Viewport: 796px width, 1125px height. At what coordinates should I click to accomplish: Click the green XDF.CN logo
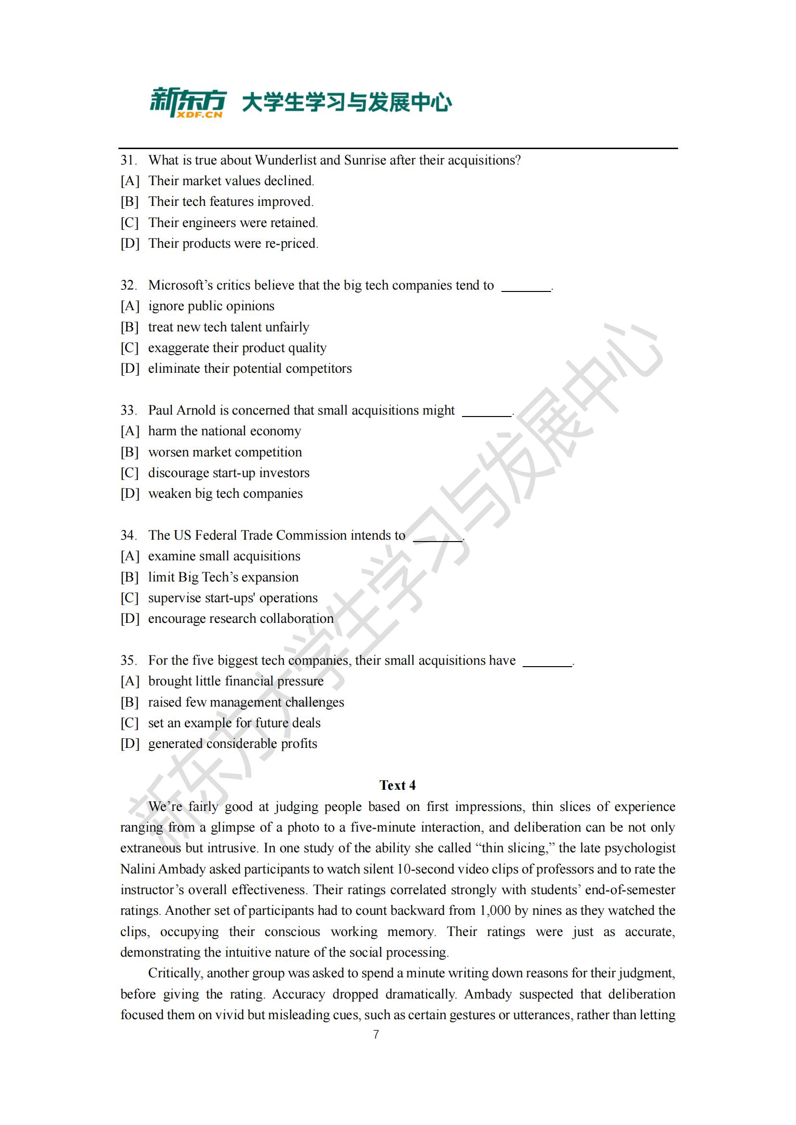click(x=188, y=102)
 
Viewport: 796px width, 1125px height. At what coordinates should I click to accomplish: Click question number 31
click(x=128, y=160)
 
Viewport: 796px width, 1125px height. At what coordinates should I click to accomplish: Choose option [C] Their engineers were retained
click(x=233, y=223)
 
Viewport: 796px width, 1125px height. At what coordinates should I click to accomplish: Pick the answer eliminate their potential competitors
click(x=249, y=368)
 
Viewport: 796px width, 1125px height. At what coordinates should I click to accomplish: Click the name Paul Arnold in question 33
click(x=175, y=410)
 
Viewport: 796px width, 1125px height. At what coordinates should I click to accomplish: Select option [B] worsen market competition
click(x=224, y=452)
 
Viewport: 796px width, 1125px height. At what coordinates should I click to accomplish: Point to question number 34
click(x=128, y=535)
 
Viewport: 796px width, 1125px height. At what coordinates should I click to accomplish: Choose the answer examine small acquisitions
click(x=224, y=556)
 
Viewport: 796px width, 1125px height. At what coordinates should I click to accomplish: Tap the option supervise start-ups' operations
click(x=233, y=598)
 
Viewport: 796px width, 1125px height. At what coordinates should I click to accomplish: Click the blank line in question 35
click(x=548, y=664)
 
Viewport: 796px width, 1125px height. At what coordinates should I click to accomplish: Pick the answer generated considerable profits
click(x=232, y=743)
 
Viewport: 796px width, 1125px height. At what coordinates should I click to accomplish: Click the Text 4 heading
click(x=398, y=785)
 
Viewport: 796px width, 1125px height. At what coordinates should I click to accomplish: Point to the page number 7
click(x=376, y=1035)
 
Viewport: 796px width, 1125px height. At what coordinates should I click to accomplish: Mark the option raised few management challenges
click(x=246, y=702)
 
